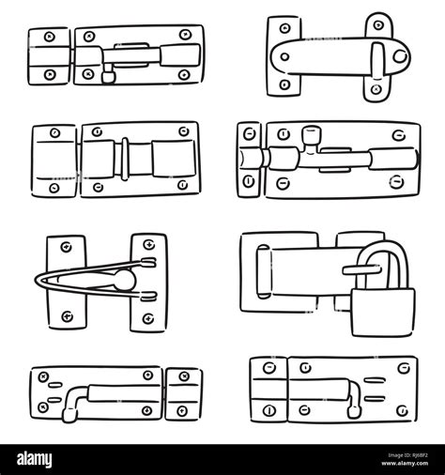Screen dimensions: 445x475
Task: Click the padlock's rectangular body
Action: (x=383, y=313)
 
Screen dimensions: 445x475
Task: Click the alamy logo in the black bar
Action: (x=35, y=460)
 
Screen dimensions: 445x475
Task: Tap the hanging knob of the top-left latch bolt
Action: (x=108, y=77)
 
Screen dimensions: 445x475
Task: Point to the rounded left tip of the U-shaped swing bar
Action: (x=37, y=280)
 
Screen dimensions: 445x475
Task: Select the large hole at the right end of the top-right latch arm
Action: (x=400, y=56)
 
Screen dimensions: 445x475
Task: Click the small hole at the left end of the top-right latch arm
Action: (x=284, y=57)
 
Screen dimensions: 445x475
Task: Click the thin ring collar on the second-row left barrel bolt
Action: (x=125, y=159)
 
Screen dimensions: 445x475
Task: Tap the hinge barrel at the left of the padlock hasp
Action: (x=263, y=271)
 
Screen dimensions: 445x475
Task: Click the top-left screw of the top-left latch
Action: (x=50, y=37)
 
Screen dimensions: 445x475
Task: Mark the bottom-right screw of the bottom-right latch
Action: (x=403, y=410)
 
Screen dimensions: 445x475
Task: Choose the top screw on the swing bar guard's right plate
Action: (x=148, y=244)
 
